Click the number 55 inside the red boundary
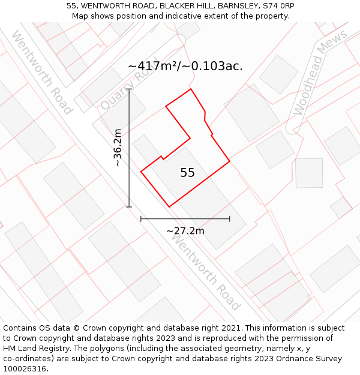(x=187, y=173)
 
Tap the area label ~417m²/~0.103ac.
(x=185, y=66)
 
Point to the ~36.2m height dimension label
(x=118, y=148)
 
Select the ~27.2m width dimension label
(x=185, y=230)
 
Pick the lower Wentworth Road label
(x=206, y=271)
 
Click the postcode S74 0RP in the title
(x=277, y=6)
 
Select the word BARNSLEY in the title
(x=236, y=6)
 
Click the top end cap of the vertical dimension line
(x=129, y=89)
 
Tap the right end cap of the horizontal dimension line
(x=229, y=219)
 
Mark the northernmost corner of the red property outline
(x=191, y=89)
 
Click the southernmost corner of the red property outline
(x=169, y=207)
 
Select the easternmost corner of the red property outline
(x=230, y=161)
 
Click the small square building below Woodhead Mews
(x=309, y=173)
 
